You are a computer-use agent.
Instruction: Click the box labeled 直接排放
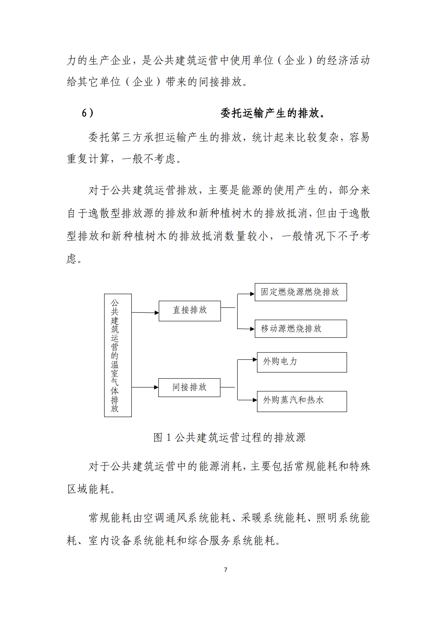[190, 311]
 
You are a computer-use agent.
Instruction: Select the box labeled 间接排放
[189, 387]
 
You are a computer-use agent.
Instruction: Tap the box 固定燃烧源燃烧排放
[301, 292]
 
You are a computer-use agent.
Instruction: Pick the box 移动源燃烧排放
[301, 329]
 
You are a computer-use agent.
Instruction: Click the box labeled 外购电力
[302, 362]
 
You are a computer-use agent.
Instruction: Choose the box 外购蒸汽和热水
[302, 401]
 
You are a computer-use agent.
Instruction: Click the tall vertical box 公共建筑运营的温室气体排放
[118, 355]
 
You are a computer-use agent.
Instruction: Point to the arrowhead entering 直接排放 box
[157, 312]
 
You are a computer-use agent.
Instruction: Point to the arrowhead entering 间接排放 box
[156, 387]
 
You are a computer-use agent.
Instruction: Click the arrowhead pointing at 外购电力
[255, 360]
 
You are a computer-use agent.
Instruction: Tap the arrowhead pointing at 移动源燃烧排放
[252, 329]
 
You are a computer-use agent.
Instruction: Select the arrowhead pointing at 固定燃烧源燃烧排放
[252, 294]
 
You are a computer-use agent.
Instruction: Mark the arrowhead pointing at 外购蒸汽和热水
[255, 400]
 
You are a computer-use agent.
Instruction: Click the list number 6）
[88, 113]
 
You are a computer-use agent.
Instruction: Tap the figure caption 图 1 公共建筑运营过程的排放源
[229, 438]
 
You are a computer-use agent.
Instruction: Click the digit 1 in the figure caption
[168, 438]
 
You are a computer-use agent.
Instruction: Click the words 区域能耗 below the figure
[89, 489]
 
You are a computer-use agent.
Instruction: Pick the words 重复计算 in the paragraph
[88, 159]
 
